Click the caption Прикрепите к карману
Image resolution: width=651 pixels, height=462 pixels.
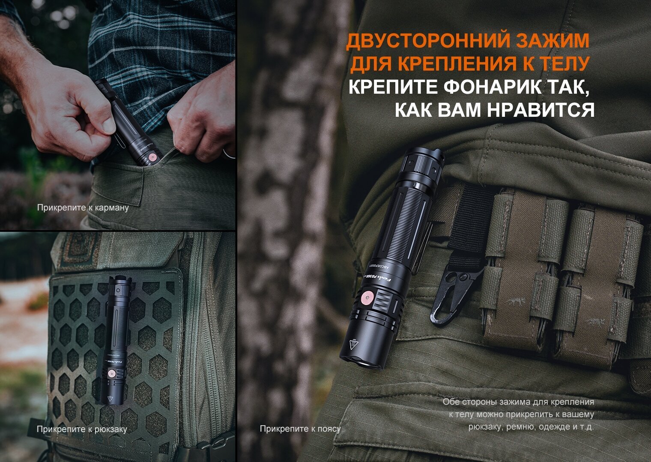tap(83, 208)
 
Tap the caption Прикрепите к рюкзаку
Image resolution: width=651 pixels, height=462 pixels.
tap(82, 429)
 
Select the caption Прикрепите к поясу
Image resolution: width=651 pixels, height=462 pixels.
tap(300, 429)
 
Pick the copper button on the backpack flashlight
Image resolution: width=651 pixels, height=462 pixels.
tap(111, 373)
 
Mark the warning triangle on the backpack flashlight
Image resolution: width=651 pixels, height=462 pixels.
tap(110, 399)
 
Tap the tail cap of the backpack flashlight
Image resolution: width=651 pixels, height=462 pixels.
tap(120, 281)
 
